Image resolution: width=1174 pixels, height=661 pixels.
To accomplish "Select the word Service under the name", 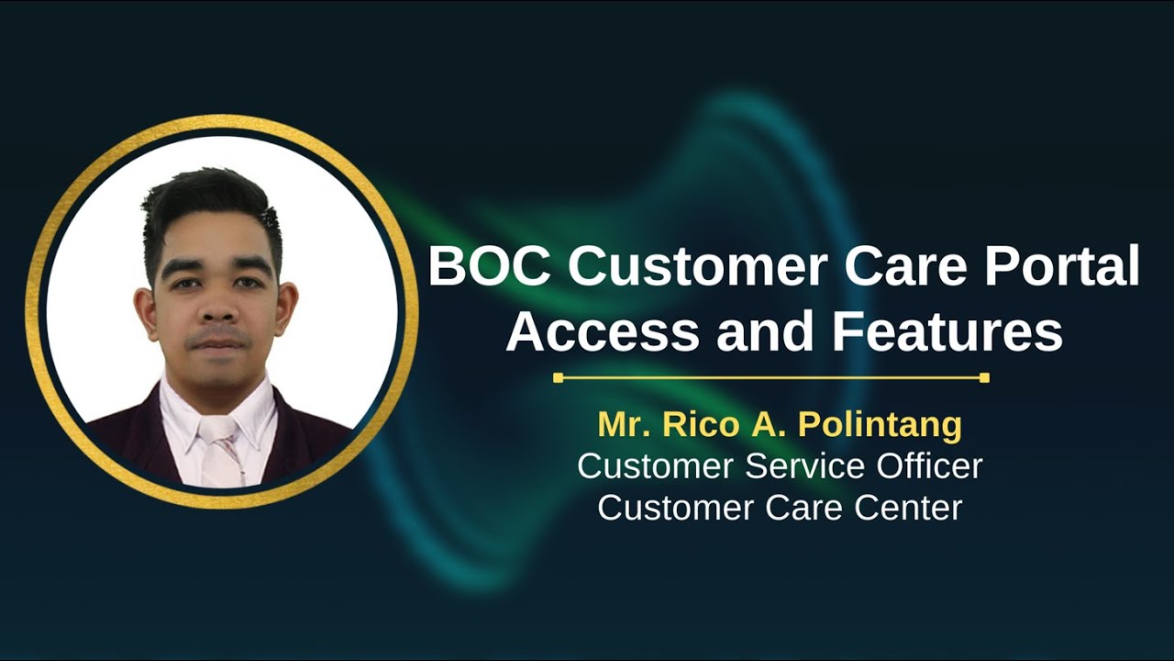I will [797, 465].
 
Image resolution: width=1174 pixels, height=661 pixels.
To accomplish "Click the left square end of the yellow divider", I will [558, 377].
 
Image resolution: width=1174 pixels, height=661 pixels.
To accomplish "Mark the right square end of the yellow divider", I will [984, 377].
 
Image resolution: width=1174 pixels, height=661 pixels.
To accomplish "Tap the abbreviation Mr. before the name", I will [621, 425].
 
